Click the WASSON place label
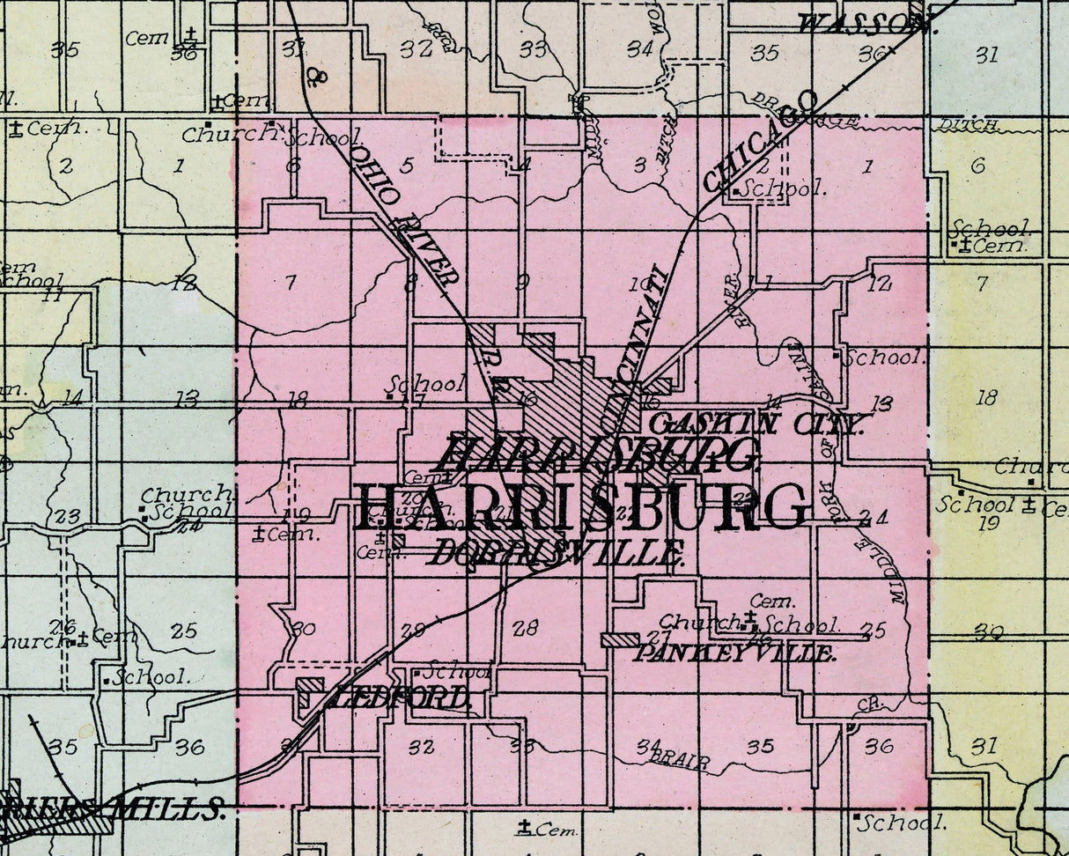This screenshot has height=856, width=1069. [863, 24]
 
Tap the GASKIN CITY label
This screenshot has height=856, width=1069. [756, 424]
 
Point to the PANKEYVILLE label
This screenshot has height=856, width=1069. [734, 653]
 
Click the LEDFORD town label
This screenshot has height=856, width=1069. [401, 698]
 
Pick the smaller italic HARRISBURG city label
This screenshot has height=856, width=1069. [596, 455]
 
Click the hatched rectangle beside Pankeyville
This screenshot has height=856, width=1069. [620, 640]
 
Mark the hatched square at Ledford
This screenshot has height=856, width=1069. [310, 691]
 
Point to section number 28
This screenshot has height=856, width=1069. [525, 628]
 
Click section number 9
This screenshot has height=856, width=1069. [522, 282]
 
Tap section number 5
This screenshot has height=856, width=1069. [406, 165]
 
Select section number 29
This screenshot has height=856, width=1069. [412, 631]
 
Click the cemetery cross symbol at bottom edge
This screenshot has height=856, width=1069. [526, 827]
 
